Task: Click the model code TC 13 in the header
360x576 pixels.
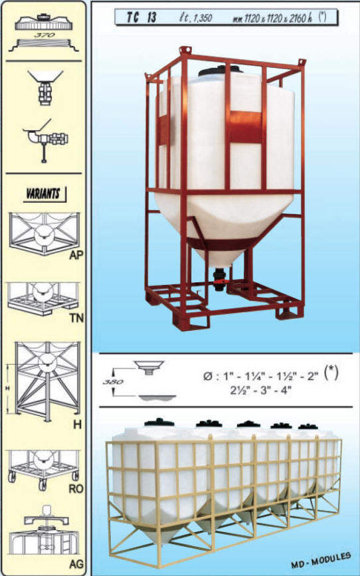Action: pyautogui.click(x=141, y=18)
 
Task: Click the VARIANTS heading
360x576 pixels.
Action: pyautogui.click(x=44, y=194)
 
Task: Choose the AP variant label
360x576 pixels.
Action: pyautogui.click(x=76, y=254)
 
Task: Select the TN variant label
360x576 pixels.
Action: pyautogui.click(x=77, y=318)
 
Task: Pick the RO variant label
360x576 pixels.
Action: pyautogui.click(x=76, y=488)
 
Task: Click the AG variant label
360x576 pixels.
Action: pyautogui.click(x=76, y=563)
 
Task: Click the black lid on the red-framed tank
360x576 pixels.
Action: pyautogui.click(x=221, y=70)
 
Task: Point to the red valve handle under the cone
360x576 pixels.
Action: pyautogui.click(x=221, y=282)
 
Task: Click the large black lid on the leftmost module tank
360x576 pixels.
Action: pyautogui.click(x=159, y=423)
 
